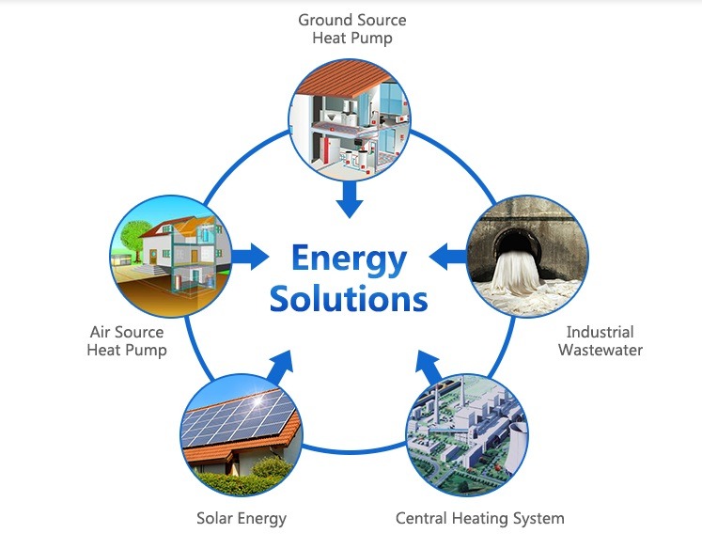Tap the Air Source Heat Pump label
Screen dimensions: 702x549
coord(127,341)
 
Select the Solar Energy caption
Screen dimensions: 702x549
coord(242,518)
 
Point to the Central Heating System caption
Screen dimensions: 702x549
coord(480,518)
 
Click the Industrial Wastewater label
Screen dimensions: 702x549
coord(601,341)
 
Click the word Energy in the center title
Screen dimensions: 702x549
coord(349,259)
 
